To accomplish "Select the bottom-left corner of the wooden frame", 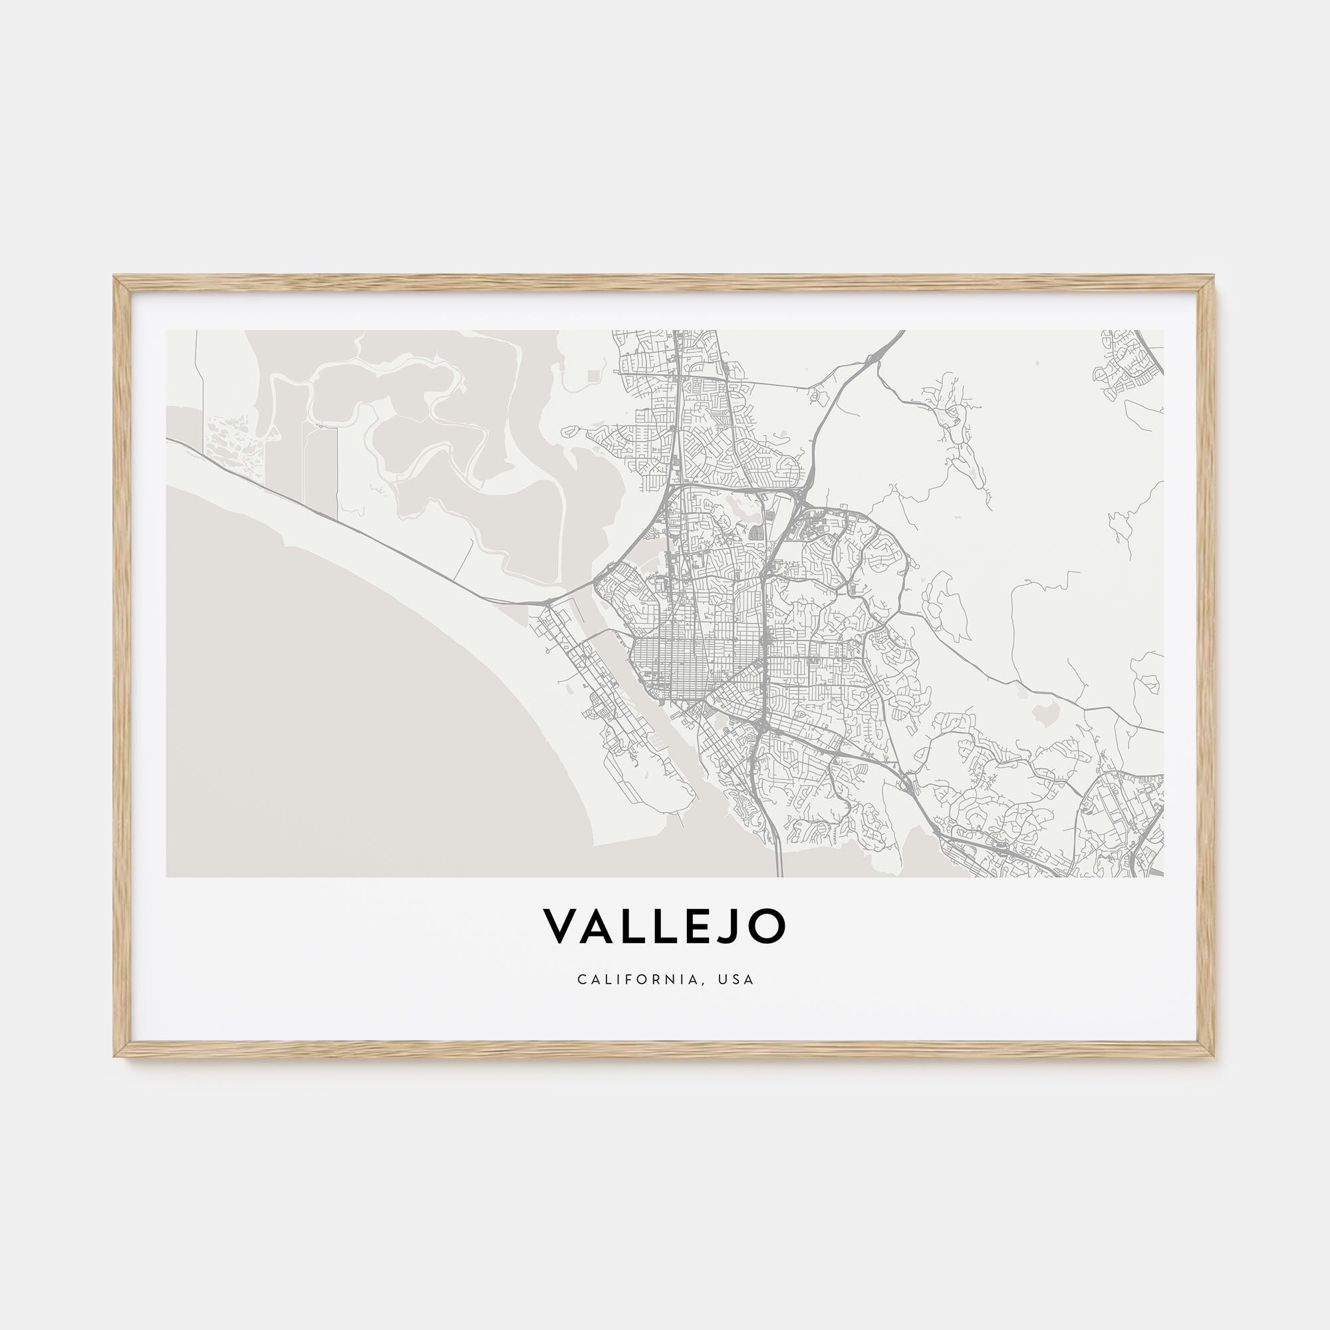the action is pyautogui.click(x=116, y=1056).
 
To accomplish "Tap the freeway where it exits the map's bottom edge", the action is pyautogui.click(x=779, y=875).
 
